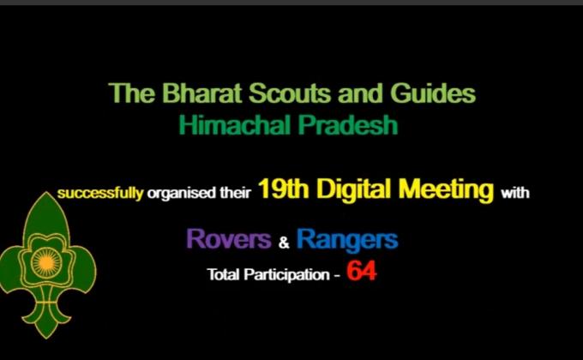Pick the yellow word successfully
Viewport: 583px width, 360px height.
[99, 193]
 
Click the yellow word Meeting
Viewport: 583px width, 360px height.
[447, 190]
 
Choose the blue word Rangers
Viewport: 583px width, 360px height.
[347, 239]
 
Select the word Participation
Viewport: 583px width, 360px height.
[283, 276]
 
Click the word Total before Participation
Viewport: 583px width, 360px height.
[223, 276]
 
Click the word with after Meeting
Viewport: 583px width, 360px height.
[516, 193]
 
